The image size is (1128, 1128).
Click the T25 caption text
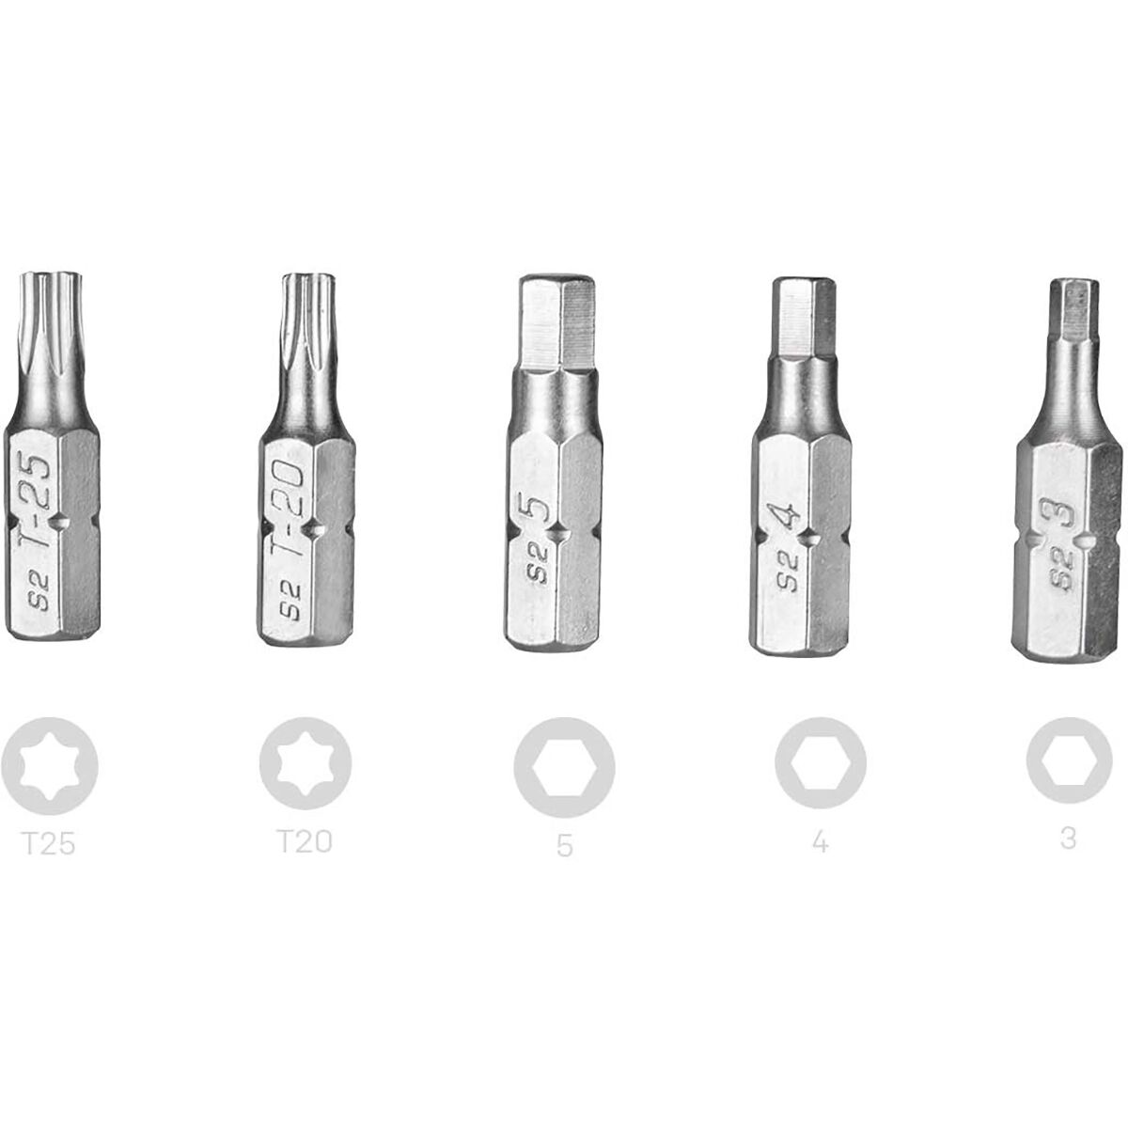click(x=49, y=844)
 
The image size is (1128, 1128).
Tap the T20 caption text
click(x=305, y=841)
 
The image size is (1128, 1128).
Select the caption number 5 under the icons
click(x=564, y=845)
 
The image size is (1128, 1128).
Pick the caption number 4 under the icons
click(x=820, y=841)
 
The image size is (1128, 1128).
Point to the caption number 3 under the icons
click(x=1068, y=838)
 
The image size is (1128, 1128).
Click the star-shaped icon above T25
click(x=49, y=766)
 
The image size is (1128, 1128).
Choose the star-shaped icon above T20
click(x=305, y=764)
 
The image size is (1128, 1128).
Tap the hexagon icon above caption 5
click(x=564, y=767)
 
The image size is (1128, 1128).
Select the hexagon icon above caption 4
click(x=820, y=764)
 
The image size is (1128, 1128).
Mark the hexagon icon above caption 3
click(x=1069, y=760)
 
